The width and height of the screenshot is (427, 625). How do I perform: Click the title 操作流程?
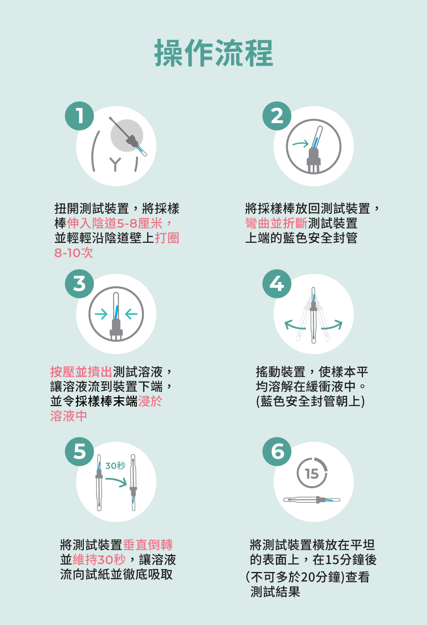(213, 53)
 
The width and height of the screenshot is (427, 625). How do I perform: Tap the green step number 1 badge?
(79, 116)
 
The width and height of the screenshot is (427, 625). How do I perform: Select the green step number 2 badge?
(277, 116)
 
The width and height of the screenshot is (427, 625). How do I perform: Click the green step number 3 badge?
(79, 284)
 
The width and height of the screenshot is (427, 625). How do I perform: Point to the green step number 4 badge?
(277, 284)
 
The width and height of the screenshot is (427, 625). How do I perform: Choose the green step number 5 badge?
(79, 452)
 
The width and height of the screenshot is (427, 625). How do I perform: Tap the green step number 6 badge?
(277, 452)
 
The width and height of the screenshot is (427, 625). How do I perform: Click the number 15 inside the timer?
(312, 474)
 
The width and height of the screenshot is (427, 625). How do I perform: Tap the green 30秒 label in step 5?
(115, 466)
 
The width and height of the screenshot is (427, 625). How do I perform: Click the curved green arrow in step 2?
(300, 144)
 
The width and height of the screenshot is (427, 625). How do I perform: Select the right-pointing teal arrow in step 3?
(101, 314)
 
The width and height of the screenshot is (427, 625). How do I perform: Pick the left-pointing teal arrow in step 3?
(131, 314)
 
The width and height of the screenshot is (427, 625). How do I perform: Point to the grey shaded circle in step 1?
(127, 136)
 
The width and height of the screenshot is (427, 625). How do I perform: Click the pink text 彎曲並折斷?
(276, 223)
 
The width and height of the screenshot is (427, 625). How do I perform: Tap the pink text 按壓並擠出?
(81, 372)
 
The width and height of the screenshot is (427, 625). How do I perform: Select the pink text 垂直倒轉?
(148, 545)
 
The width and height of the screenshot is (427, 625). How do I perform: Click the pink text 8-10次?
(74, 253)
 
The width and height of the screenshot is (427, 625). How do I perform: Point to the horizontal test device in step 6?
(312, 500)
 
